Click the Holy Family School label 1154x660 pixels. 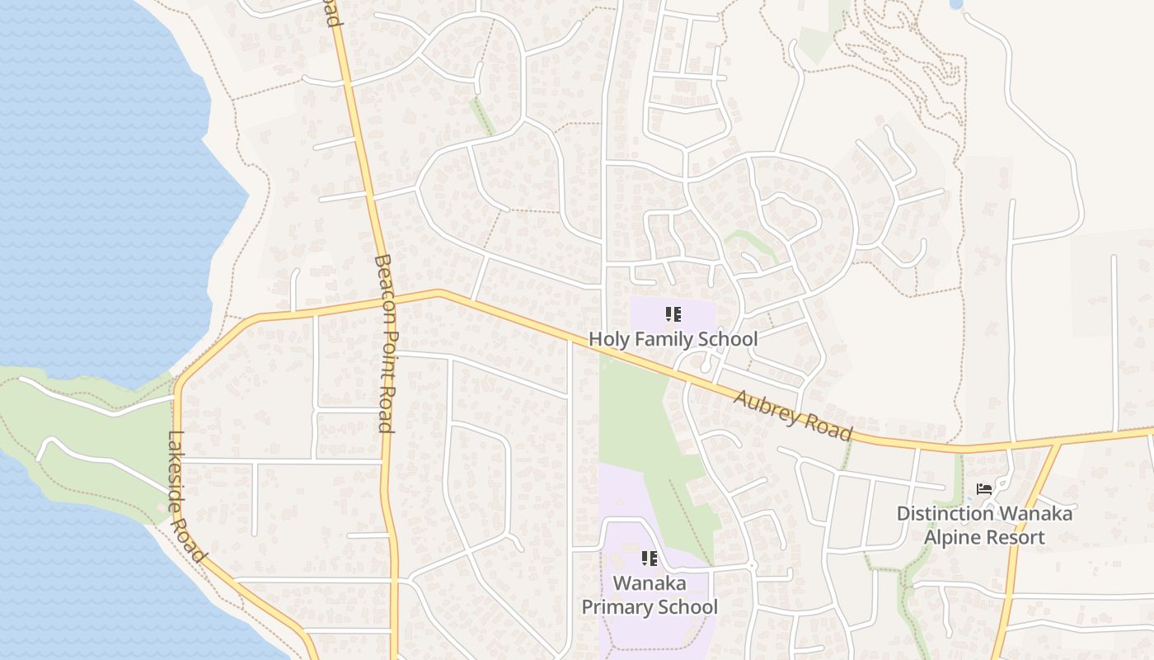(673, 339)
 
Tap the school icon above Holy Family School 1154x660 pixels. (673, 314)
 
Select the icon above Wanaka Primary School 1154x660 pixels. (650, 559)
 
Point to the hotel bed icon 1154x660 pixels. (984, 489)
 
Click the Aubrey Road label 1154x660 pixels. (793, 415)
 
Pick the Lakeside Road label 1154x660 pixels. (186, 497)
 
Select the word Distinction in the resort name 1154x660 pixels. (945, 514)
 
